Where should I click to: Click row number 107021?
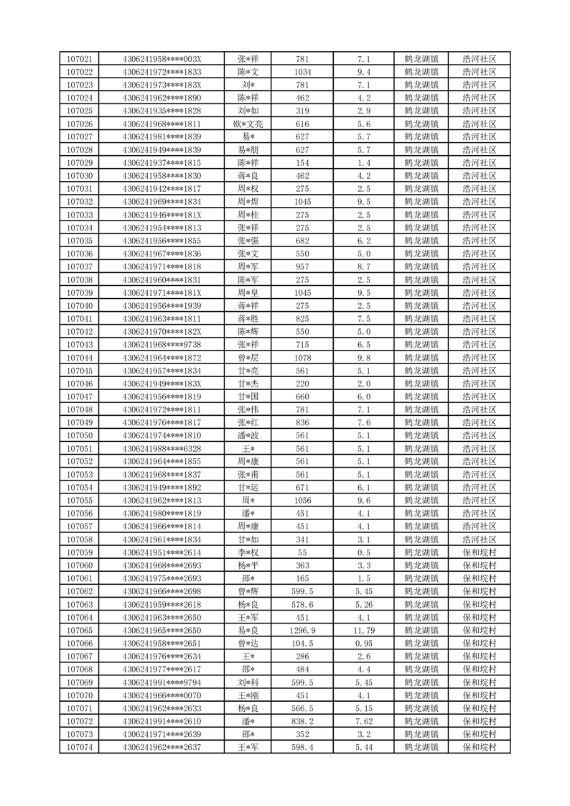79,59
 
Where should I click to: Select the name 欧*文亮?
249,124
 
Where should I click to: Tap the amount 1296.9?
302,631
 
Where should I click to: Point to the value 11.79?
364,631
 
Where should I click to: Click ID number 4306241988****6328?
162,448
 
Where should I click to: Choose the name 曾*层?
249,358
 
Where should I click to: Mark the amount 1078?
302,358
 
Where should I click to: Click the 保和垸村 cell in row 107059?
480,552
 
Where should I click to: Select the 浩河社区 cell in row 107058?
480,539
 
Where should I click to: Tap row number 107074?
79,748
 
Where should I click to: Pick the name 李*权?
249,552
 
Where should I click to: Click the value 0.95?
364,644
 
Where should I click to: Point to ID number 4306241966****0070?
162,695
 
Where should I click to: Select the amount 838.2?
302,721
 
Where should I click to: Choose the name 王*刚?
249,695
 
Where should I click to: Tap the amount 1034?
302,72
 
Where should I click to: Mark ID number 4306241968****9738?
162,345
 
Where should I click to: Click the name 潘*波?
249,435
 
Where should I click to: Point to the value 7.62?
364,721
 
